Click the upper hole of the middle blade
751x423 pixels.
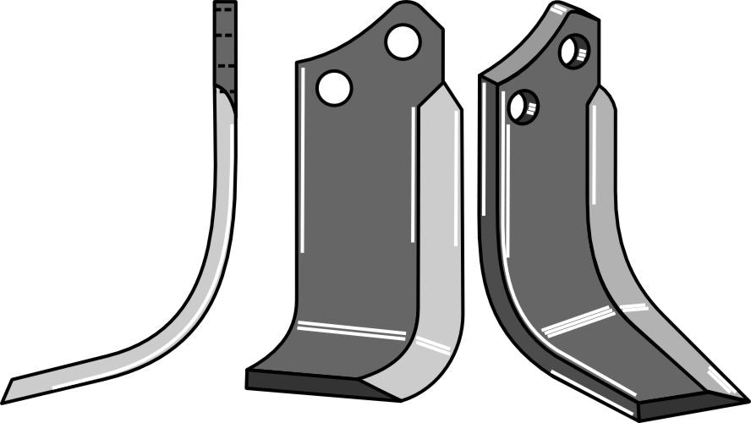(x=403, y=41)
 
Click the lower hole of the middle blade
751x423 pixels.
(x=334, y=88)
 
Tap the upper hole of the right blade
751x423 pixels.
(x=574, y=52)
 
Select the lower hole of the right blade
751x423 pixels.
(x=523, y=107)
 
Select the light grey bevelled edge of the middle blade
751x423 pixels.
(x=439, y=254)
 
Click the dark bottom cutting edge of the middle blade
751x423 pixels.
(x=304, y=380)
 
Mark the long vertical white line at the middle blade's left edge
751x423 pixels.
(x=302, y=169)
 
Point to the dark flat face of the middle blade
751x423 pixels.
(x=355, y=211)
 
